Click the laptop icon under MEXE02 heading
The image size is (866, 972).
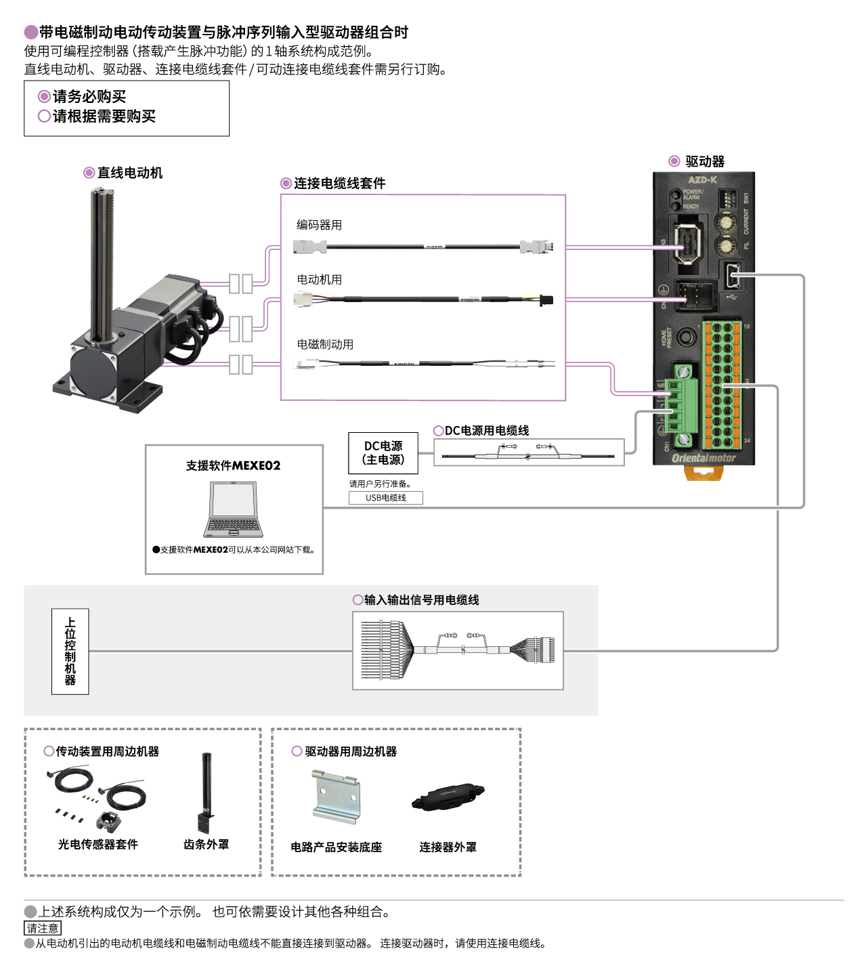tap(234, 509)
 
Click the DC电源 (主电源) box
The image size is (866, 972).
tap(383, 453)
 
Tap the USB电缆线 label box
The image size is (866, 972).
tap(386, 498)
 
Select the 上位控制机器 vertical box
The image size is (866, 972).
tap(70, 651)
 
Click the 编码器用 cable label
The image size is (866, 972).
tap(319, 225)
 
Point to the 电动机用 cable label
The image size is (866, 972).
tap(319, 280)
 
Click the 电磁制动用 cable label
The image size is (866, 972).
tap(325, 345)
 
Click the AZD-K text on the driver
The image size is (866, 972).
tap(702, 180)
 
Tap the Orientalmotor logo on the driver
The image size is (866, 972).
tap(703, 459)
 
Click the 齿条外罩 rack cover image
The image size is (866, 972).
tap(206, 793)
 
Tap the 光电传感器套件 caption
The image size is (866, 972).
tap(98, 845)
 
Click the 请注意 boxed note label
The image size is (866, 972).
tap(42, 928)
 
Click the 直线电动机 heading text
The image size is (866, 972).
tap(129, 173)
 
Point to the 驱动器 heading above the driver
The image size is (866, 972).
tap(704, 161)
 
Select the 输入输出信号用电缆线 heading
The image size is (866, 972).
tap(421, 600)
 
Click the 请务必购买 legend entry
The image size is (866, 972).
tap(89, 97)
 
